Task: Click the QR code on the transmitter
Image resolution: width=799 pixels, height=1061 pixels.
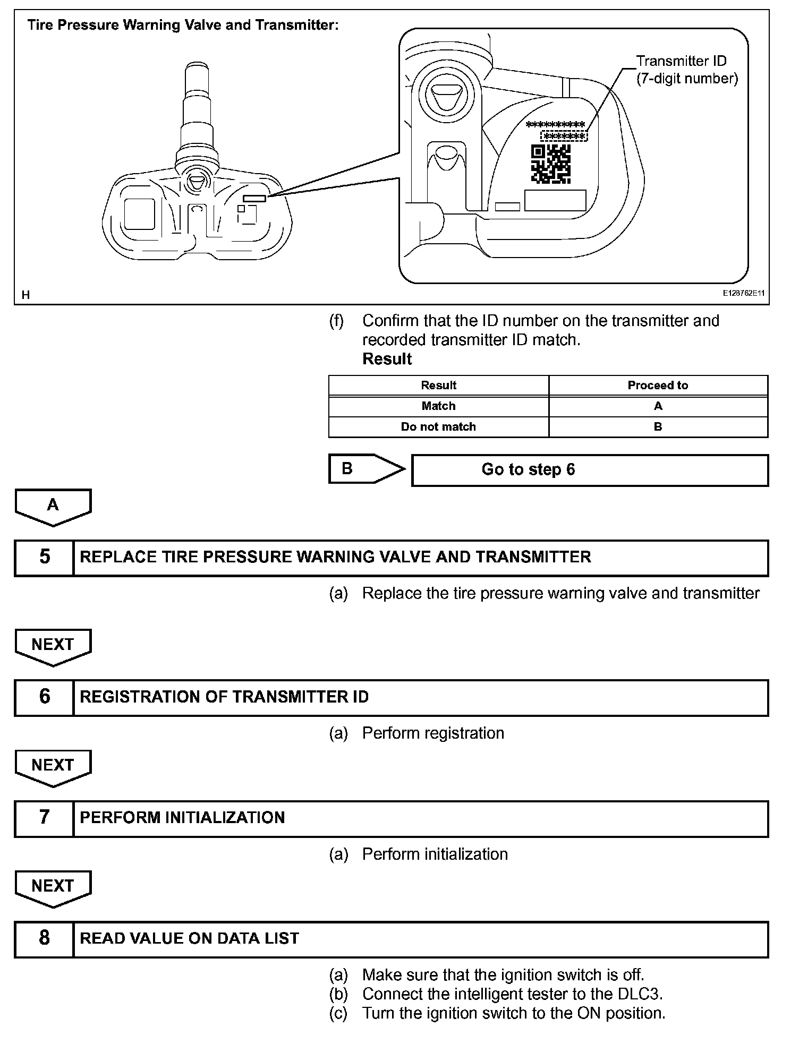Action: (x=550, y=164)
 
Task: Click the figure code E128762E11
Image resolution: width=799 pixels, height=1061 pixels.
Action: (x=743, y=293)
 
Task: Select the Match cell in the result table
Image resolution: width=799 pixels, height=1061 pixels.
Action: (x=438, y=406)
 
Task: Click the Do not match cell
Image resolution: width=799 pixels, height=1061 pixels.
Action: (x=438, y=427)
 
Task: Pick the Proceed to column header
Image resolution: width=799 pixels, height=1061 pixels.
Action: (x=658, y=386)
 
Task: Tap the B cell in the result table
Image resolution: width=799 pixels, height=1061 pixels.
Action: (x=658, y=427)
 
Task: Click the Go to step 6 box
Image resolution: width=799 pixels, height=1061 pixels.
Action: (x=590, y=470)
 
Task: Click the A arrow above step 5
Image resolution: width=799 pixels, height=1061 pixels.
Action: (x=53, y=507)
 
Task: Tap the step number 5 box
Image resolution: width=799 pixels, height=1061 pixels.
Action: (x=45, y=558)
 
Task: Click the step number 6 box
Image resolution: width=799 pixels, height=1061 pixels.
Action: (x=45, y=697)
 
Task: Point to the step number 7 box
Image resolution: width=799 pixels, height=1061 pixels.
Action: (x=45, y=818)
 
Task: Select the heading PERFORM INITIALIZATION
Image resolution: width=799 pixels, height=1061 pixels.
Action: (x=182, y=818)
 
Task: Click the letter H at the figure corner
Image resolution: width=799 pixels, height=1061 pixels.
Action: (x=25, y=295)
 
